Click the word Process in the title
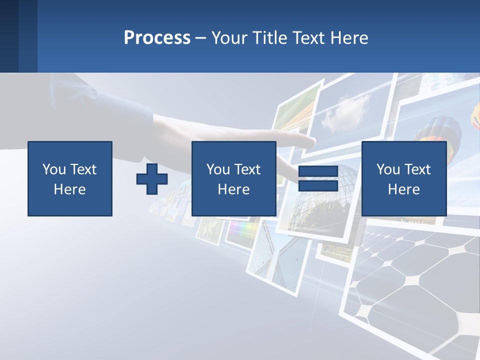(x=157, y=37)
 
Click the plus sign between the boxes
(x=152, y=179)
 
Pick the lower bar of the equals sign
(x=318, y=185)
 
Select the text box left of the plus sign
(x=70, y=178)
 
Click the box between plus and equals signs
(x=233, y=178)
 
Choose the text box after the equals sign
(x=403, y=178)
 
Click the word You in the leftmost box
(x=54, y=169)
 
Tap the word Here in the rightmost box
(x=403, y=189)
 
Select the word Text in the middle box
(x=248, y=169)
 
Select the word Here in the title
(x=348, y=37)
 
